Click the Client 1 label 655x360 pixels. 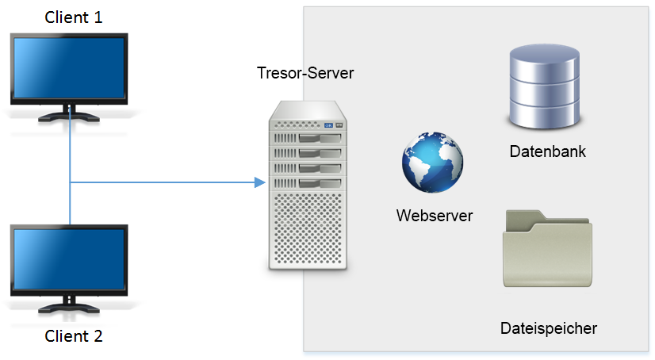pyautogui.click(x=74, y=17)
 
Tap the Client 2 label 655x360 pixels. pyautogui.click(x=74, y=336)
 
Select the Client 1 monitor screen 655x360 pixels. pyautogui.click(x=69, y=68)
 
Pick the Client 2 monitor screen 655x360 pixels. pyautogui.click(x=69, y=259)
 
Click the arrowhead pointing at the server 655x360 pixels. pyautogui.click(x=260, y=182)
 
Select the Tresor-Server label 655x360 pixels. pyautogui.click(x=305, y=73)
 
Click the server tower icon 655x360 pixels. pyautogui.click(x=308, y=185)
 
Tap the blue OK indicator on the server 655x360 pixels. pyautogui.click(x=329, y=125)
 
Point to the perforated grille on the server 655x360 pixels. pyautogui.click(x=308, y=228)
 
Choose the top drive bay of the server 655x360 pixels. pyautogui.click(x=308, y=138)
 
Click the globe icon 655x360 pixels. pyautogui.click(x=432, y=163)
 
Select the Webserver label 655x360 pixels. pyautogui.click(x=435, y=216)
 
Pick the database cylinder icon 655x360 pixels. pyautogui.click(x=544, y=87)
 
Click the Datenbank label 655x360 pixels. pyautogui.click(x=548, y=151)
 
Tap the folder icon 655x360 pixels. pyautogui.click(x=547, y=248)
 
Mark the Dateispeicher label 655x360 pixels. pyautogui.click(x=549, y=328)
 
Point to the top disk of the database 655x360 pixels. pyautogui.click(x=544, y=61)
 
